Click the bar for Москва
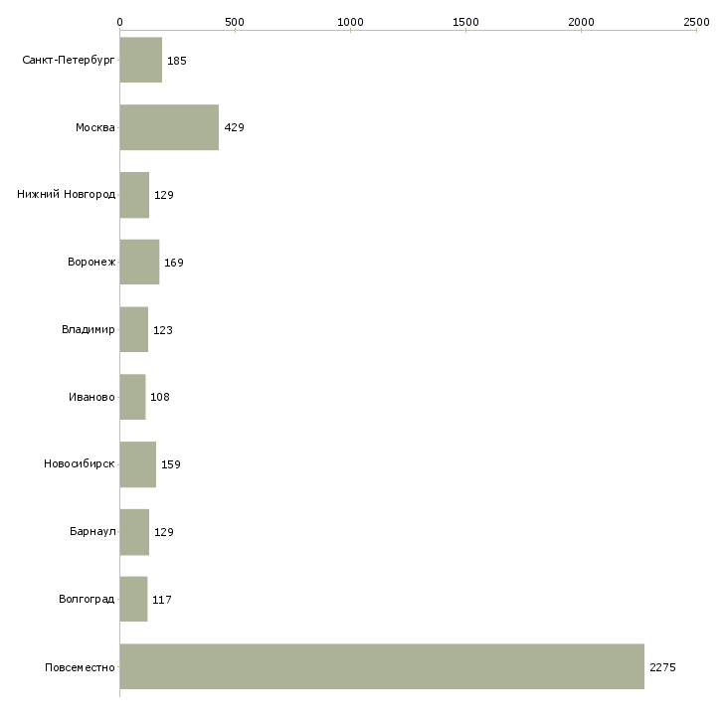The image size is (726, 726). tap(169, 127)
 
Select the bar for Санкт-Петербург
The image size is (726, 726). tap(141, 60)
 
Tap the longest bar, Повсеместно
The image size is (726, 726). tap(383, 666)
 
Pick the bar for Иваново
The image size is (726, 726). tap(133, 397)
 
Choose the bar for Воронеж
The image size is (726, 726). tap(140, 263)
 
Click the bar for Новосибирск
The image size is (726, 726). tap(138, 464)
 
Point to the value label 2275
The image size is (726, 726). tap(662, 667)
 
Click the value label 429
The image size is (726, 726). tap(235, 127)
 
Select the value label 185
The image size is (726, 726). tap(177, 61)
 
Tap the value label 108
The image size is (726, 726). tap(160, 397)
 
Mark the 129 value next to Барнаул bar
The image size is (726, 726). tap(164, 532)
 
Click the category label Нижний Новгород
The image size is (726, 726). tap(67, 194)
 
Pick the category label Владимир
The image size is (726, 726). tap(89, 329)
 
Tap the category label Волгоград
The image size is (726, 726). tap(87, 599)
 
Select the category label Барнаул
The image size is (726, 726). tap(92, 531)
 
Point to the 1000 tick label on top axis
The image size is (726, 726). tap(350, 22)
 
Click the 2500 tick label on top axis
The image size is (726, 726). tap(696, 22)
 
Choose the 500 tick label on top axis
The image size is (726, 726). tap(235, 22)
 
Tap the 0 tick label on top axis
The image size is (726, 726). tap(120, 22)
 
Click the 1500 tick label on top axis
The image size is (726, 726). tap(465, 22)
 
